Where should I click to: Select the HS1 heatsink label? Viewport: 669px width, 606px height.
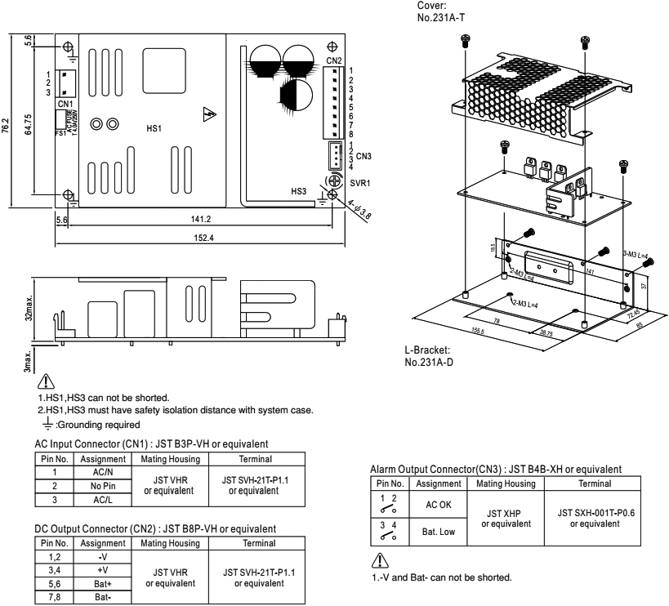[154, 129]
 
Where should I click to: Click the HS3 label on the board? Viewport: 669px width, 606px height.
[300, 191]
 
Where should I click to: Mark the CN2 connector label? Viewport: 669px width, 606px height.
[333, 60]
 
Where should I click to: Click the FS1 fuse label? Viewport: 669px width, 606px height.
[60, 132]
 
